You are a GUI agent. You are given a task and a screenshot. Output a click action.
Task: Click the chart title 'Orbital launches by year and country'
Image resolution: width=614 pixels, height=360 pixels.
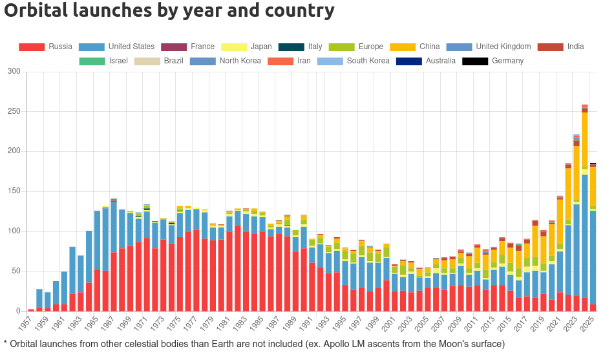tap(169, 11)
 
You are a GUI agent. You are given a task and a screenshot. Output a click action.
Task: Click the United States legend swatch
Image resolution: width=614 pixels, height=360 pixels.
tap(91, 47)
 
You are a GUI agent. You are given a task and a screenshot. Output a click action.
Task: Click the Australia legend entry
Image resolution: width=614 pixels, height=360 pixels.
tap(439, 61)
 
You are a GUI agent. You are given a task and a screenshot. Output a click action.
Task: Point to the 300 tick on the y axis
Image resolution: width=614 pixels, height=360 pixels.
tap(14, 71)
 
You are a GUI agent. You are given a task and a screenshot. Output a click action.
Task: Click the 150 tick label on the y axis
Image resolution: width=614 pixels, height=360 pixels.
tap(14, 191)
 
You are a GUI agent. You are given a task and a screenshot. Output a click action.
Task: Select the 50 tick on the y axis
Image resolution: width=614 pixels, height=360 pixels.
tap(16, 271)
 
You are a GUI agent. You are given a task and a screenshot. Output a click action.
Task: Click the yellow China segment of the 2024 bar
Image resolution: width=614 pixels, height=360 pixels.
tap(585, 140)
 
